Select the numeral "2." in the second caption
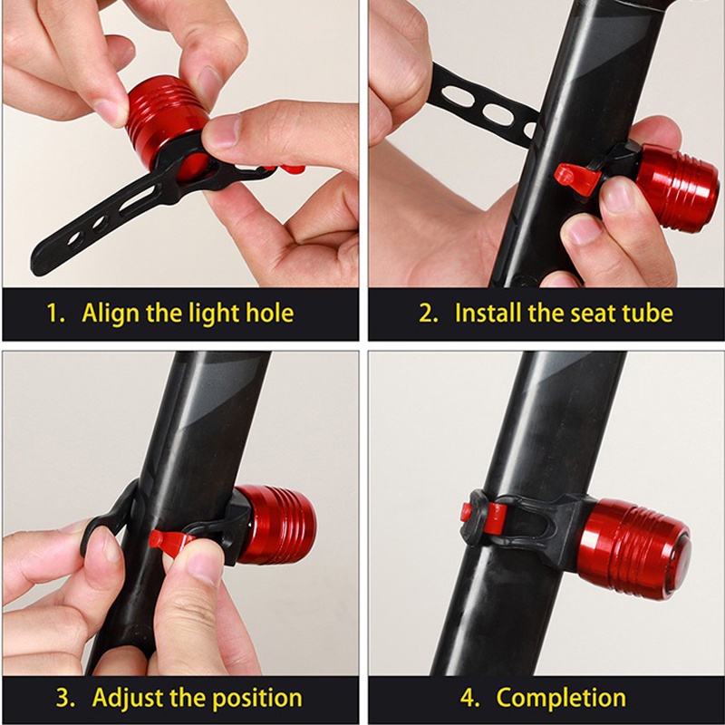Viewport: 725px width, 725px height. (x=428, y=313)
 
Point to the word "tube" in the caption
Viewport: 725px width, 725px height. (x=648, y=313)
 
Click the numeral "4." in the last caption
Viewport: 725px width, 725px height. (x=470, y=698)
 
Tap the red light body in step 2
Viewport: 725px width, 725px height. (x=677, y=188)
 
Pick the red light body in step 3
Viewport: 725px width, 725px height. (x=276, y=524)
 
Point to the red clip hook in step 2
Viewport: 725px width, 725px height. (x=576, y=179)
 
